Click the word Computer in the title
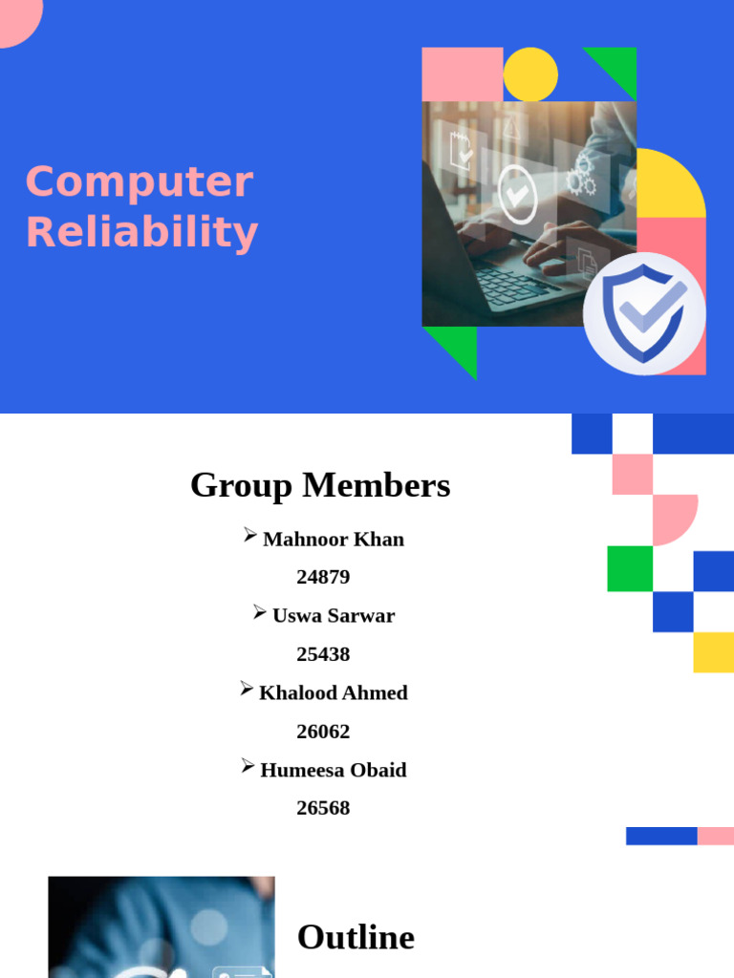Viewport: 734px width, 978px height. click(x=140, y=182)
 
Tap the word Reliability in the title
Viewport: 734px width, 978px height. click(x=141, y=232)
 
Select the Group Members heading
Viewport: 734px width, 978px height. click(x=320, y=485)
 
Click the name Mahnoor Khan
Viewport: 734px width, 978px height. click(x=333, y=539)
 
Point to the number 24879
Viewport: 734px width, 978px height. click(x=323, y=577)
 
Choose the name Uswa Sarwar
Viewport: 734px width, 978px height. click(x=333, y=616)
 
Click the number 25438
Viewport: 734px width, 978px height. click(x=323, y=654)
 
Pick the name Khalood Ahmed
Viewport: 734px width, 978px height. click(x=333, y=692)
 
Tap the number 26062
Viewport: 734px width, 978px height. click(x=323, y=732)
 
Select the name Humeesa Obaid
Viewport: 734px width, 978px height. click(x=333, y=770)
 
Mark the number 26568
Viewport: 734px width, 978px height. click(x=323, y=808)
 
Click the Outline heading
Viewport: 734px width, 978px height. click(x=356, y=937)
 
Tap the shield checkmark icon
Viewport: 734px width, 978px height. click(x=644, y=313)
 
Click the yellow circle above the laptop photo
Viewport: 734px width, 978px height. click(x=530, y=74)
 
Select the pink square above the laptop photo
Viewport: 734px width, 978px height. click(x=463, y=74)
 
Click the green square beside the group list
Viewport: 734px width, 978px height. click(x=630, y=568)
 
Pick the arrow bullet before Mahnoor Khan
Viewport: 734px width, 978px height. click(x=250, y=536)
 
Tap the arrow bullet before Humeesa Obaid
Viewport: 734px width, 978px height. click(x=248, y=766)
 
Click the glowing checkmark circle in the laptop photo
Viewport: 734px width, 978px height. click(x=517, y=194)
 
